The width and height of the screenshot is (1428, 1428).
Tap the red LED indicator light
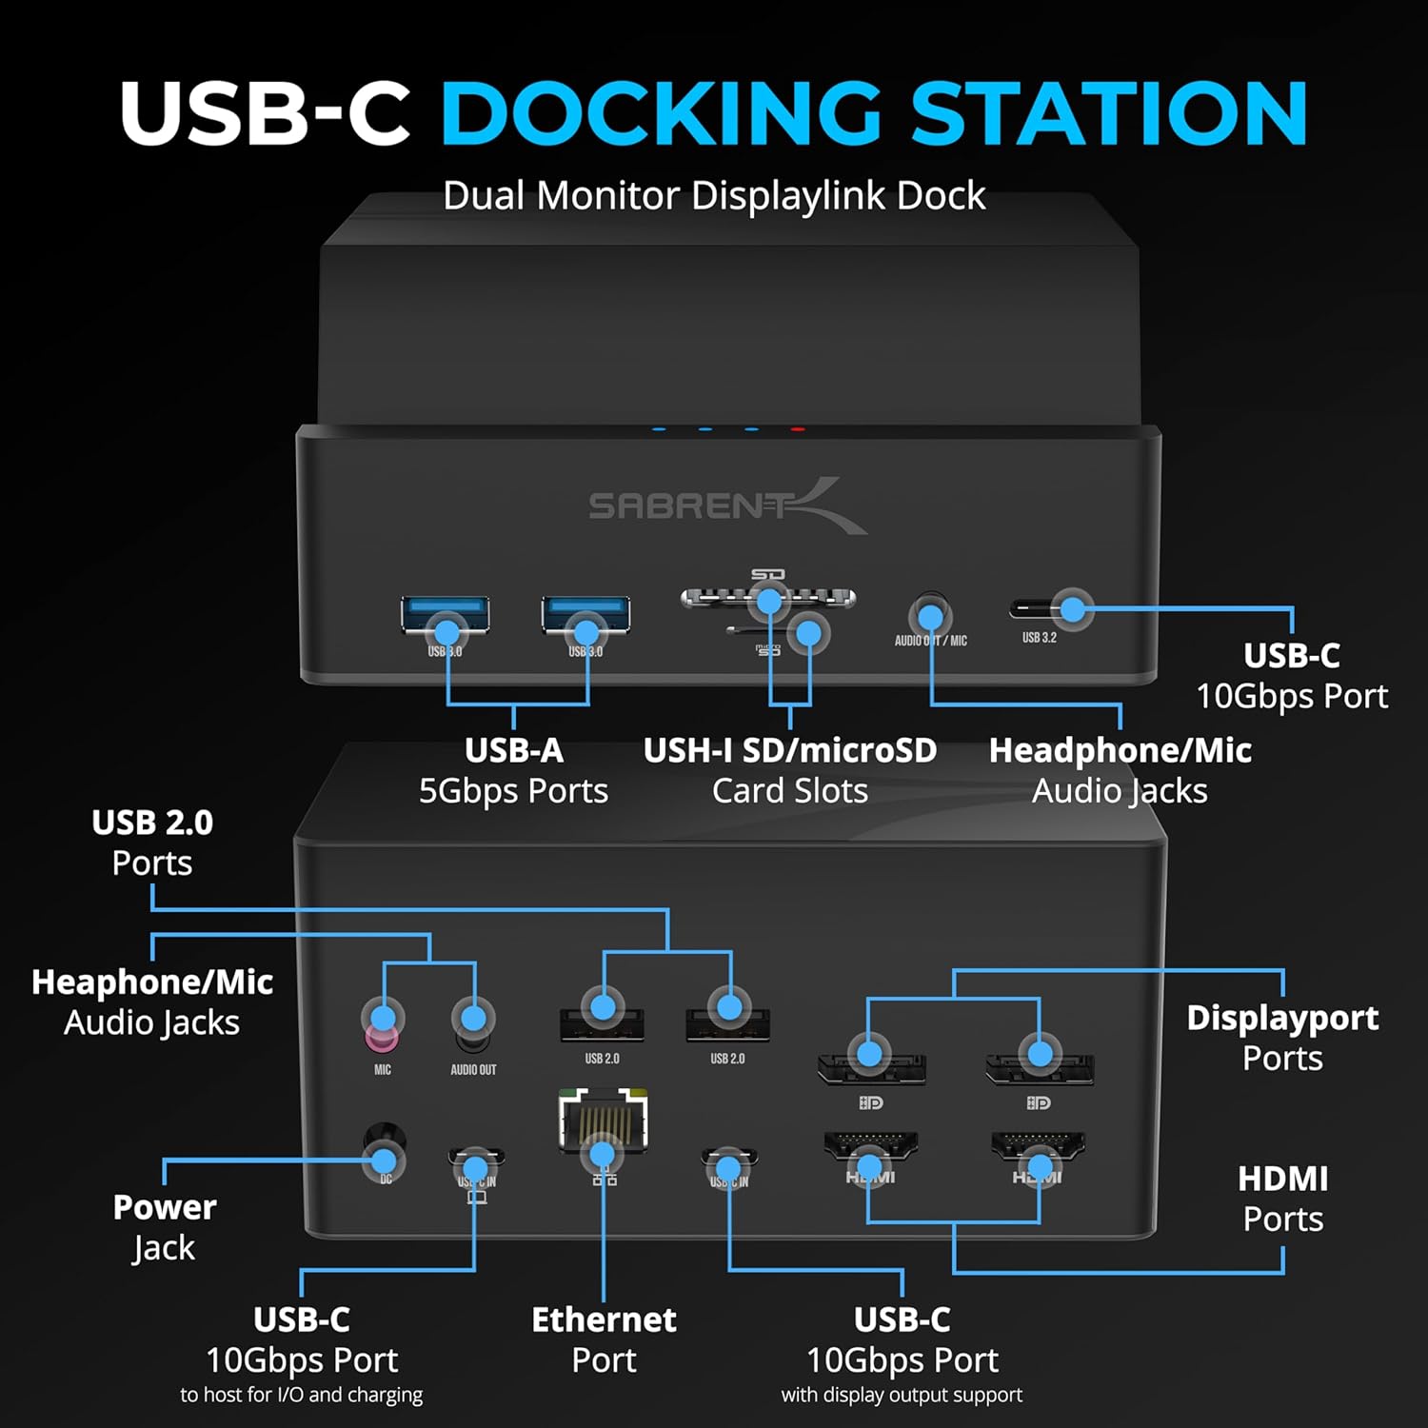(798, 429)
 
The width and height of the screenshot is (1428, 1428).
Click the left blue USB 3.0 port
(446, 615)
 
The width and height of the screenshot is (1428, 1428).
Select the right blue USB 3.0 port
(585, 615)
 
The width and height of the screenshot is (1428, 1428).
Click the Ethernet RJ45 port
(603, 1123)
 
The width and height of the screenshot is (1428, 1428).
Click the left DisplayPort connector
(871, 1068)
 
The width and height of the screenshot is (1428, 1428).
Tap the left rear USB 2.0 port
(602, 1024)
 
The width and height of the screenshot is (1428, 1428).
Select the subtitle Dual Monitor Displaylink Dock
(714, 196)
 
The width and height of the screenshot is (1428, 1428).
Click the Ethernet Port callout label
(604, 1339)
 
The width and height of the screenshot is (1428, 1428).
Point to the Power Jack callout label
(164, 1227)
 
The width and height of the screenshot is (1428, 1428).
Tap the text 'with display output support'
(902, 1395)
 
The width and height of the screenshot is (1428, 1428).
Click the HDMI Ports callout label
(1282, 1199)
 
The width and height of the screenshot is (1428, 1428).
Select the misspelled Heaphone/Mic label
(152, 982)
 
